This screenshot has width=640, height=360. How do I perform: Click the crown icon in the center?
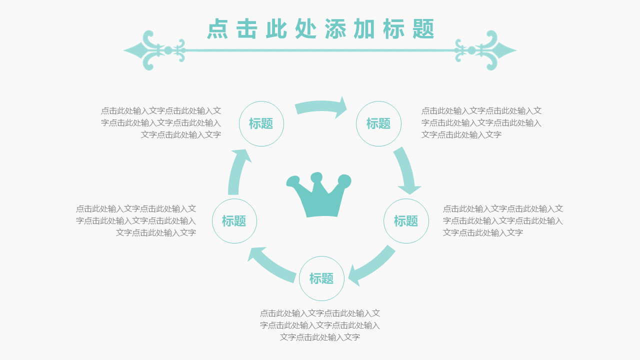click(319, 197)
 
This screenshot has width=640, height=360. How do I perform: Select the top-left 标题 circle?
click(261, 123)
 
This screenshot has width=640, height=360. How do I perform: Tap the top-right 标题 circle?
click(378, 123)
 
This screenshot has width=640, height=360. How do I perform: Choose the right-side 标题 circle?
click(406, 221)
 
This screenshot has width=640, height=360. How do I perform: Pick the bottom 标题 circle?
click(321, 278)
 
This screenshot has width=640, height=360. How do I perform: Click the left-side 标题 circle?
click(234, 221)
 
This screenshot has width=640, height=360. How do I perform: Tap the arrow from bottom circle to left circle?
click(271, 264)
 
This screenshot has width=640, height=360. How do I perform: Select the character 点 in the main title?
click(218, 29)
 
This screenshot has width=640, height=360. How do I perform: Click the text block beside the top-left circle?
click(161, 122)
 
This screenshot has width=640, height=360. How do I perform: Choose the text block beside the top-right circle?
click(481, 122)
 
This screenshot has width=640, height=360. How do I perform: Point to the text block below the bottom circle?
click(320, 325)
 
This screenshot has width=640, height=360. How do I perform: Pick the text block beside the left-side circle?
click(136, 220)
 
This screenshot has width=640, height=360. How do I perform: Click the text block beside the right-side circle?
click(502, 220)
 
